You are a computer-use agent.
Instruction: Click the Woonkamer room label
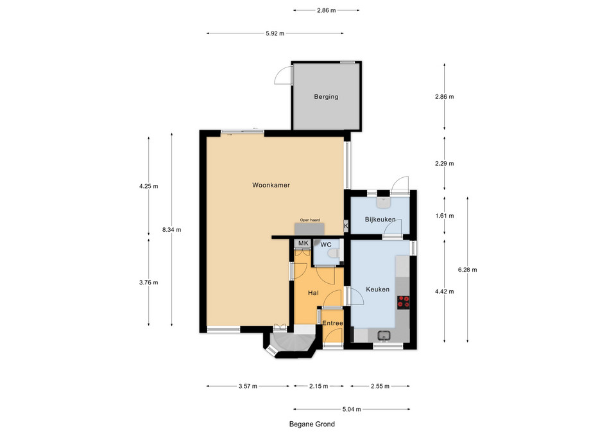tap(271, 185)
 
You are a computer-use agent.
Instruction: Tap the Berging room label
tap(326, 97)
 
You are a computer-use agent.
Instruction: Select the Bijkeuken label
tap(380, 220)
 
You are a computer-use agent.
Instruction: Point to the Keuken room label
tap(377, 290)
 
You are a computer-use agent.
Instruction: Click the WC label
tap(326, 245)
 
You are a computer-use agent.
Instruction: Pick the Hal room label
tap(313, 293)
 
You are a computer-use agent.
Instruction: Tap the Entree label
tap(332, 323)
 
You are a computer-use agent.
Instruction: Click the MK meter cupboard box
tap(303, 243)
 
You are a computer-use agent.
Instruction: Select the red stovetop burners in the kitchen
tap(404, 302)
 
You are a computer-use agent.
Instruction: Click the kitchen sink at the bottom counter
tap(384, 336)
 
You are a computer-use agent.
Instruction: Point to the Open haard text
tap(310, 220)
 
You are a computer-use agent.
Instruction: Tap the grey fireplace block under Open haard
tap(309, 229)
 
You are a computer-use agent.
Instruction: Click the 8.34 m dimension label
tap(172, 230)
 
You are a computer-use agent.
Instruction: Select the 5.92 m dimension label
tap(275, 33)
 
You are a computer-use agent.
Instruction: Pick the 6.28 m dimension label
tap(468, 270)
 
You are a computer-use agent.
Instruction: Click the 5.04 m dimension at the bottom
tap(352, 409)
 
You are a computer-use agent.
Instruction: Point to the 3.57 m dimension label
tap(248, 387)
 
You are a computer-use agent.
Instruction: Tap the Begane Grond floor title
tap(312, 424)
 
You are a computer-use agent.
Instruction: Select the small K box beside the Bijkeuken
tap(346, 226)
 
